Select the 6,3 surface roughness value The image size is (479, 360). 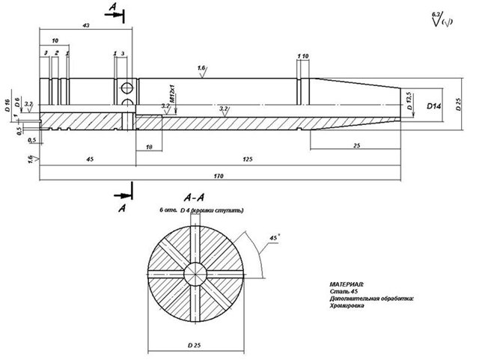point(436,13)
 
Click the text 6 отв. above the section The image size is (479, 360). point(170,211)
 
